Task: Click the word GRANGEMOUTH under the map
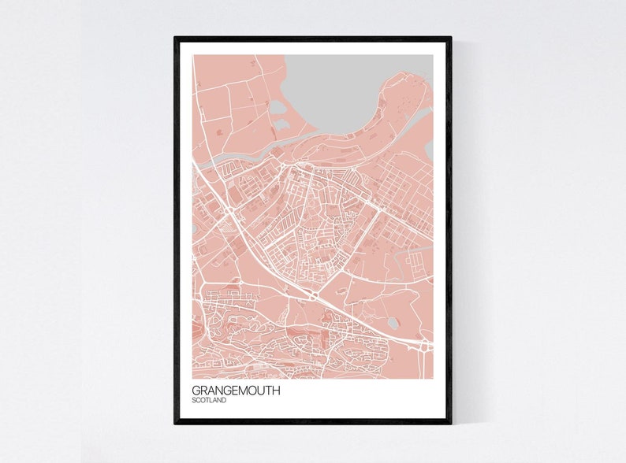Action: point(235,390)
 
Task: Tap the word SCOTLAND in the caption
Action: point(209,401)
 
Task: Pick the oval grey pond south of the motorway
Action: point(393,323)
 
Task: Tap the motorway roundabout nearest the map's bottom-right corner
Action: point(426,345)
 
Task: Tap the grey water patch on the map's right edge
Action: point(429,150)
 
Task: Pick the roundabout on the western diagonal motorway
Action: point(229,213)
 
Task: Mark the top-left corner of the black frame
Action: point(176,38)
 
